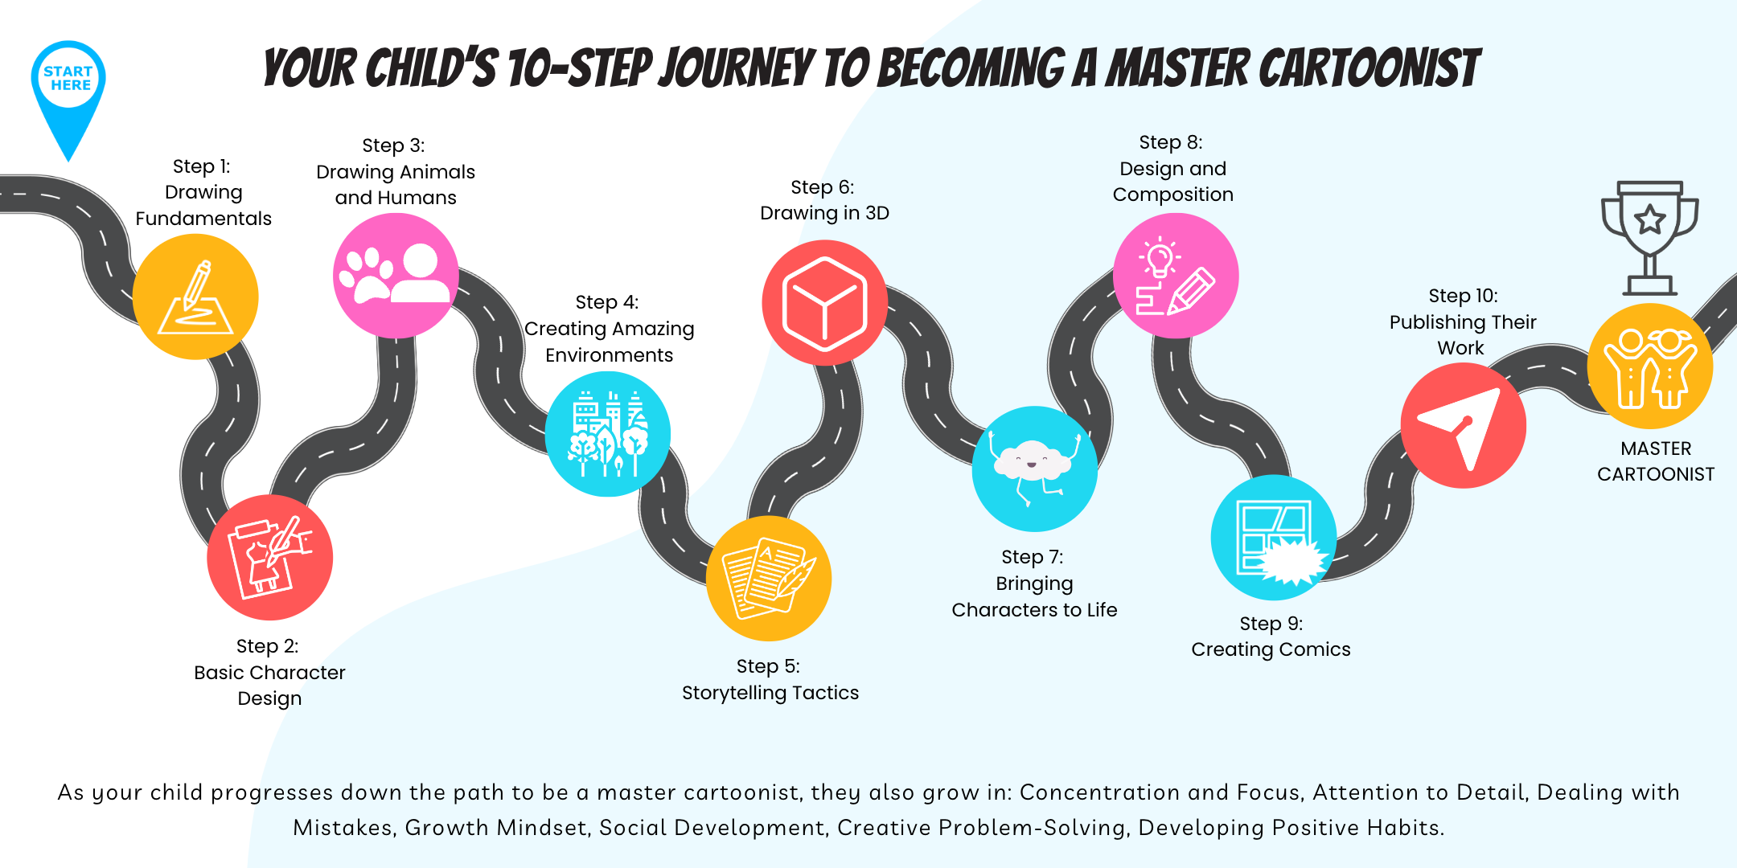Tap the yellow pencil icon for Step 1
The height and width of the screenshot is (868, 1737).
click(195, 297)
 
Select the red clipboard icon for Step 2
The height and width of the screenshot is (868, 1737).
click(270, 557)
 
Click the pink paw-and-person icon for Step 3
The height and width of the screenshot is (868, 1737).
click(396, 276)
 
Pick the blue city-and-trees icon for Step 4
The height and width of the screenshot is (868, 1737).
click(608, 434)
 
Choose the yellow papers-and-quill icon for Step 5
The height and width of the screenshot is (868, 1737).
click(769, 579)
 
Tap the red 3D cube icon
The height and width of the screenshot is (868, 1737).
click(825, 303)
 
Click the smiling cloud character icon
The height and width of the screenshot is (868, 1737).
click(1035, 469)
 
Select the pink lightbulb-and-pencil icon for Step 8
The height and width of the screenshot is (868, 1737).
click(1176, 276)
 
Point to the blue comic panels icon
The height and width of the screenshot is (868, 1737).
click(1274, 538)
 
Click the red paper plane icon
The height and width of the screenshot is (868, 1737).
click(1464, 425)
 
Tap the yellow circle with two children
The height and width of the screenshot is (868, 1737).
click(1650, 366)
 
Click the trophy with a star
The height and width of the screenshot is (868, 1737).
click(1650, 238)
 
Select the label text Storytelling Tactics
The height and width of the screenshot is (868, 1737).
click(770, 693)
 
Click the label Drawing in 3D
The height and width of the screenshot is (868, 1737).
click(825, 213)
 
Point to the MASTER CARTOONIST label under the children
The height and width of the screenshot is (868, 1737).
click(1656, 461)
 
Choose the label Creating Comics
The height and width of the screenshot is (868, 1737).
click(1271, 649)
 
